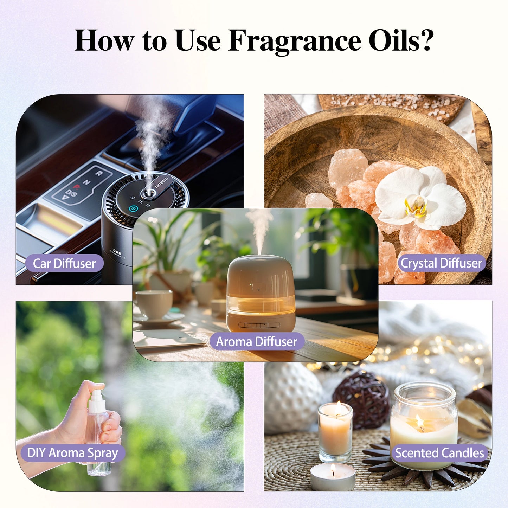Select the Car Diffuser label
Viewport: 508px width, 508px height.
[x=64, y=263]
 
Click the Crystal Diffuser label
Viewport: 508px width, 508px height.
[x=441, y=263]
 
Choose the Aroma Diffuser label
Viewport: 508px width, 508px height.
[x=257, y=341]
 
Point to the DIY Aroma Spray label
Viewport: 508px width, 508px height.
[x=72, y=453]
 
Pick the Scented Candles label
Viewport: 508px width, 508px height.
[x=439, y=453]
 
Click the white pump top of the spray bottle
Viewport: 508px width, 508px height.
[x=97, y=401]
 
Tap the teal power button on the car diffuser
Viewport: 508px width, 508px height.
[x=133, y=209]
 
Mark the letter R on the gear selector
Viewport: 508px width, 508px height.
[x=99, y=173]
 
